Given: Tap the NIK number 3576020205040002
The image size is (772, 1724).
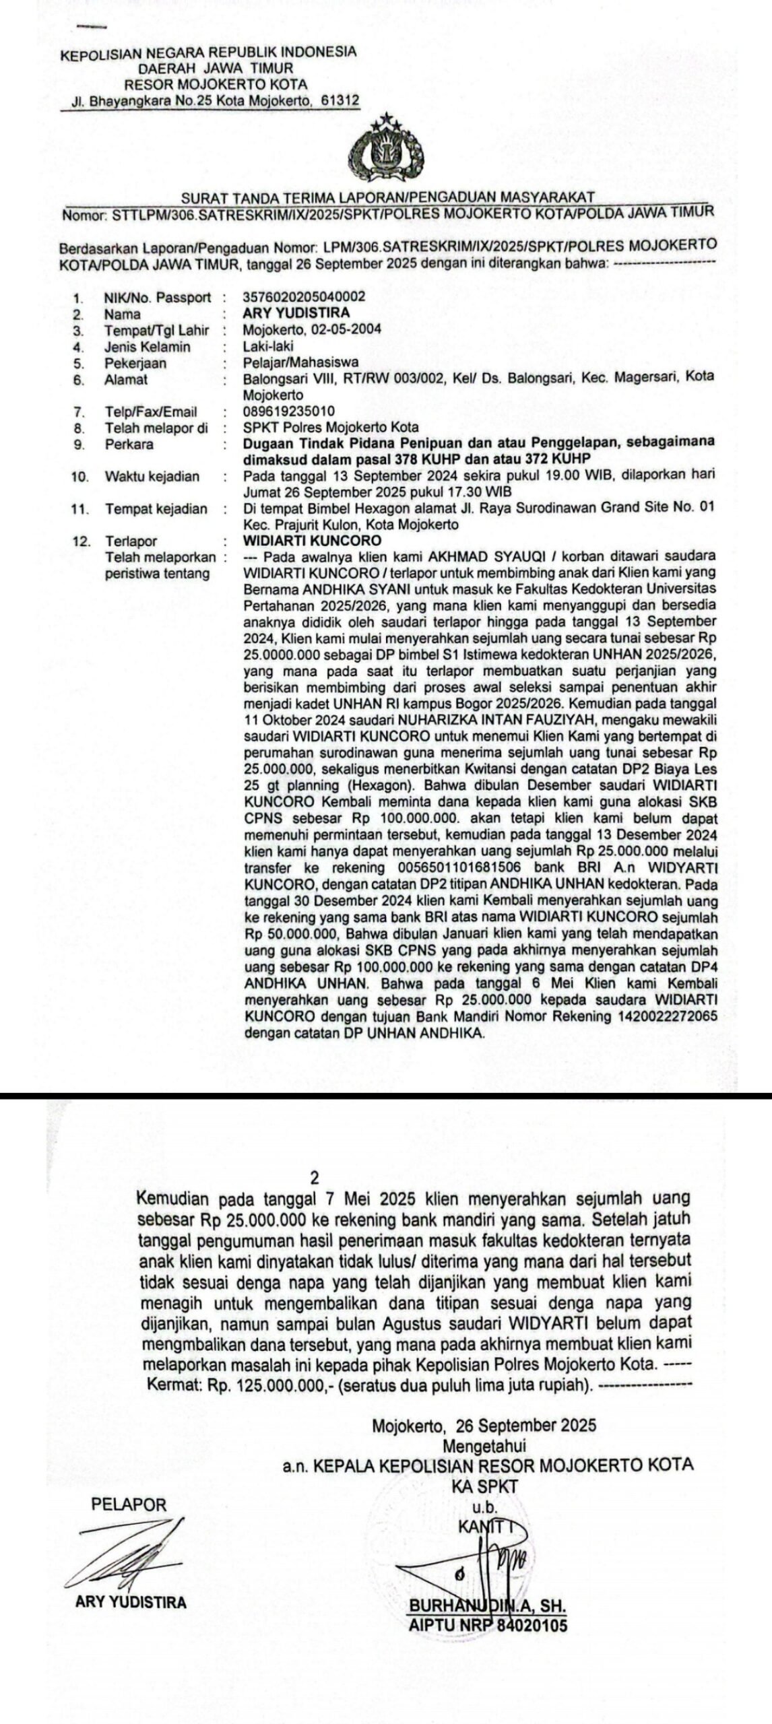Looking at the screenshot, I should pos(304,297).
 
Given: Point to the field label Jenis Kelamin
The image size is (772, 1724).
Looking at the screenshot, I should pos(147,347).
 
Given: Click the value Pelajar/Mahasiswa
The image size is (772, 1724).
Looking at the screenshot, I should pos(300,363).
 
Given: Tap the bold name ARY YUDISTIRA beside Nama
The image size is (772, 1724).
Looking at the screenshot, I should pos(296,313).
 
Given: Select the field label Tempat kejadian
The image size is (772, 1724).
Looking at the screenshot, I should pos(156,509).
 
